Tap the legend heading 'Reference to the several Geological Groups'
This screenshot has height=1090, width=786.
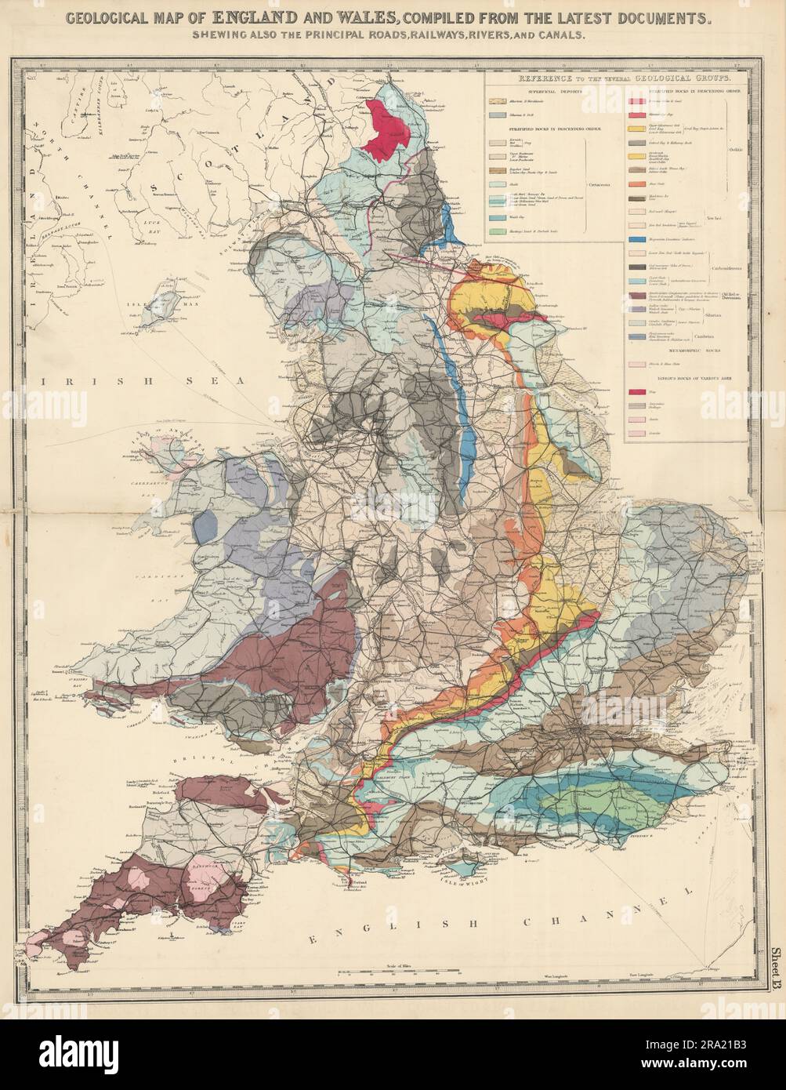pyautogui.click(x=618, y=80)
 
